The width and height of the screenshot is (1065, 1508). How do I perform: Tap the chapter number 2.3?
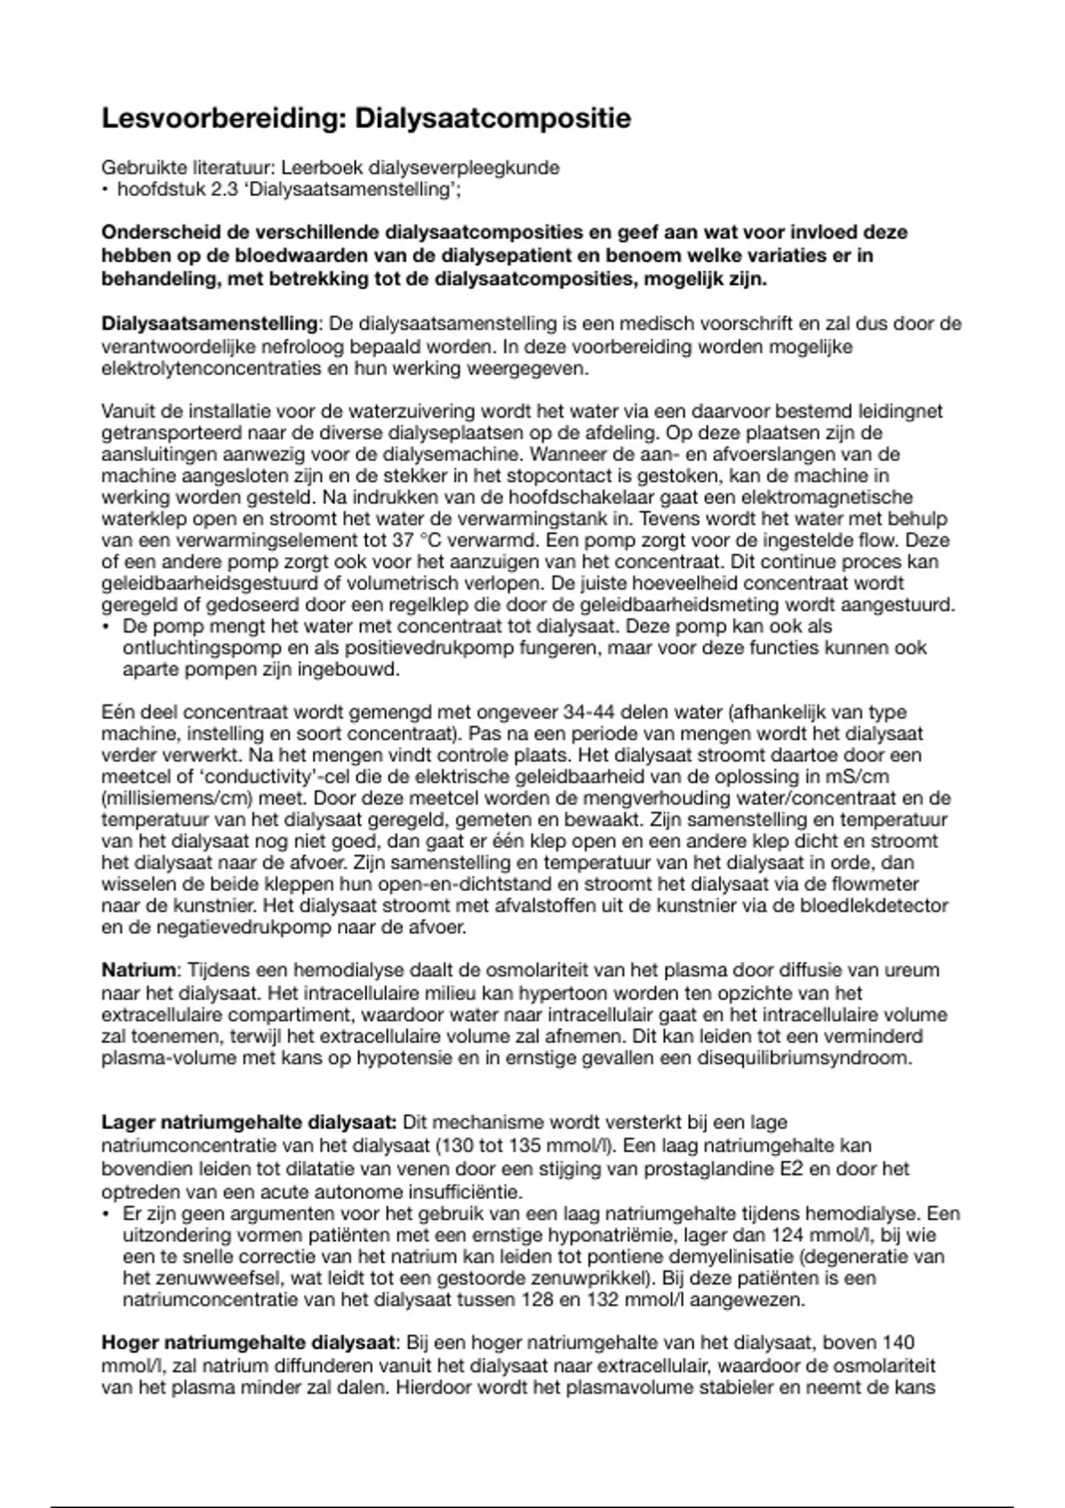tap(226, 189)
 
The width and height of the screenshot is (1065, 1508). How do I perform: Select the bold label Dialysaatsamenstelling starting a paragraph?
tap(209, 324)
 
